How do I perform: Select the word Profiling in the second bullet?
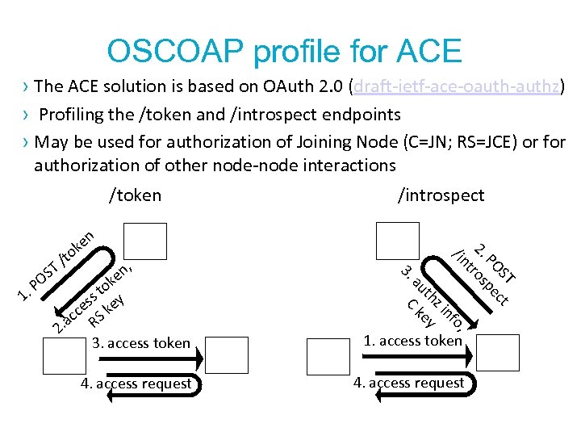pos(75,115)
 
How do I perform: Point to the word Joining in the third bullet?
pos(303,142)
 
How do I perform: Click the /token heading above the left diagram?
pos(135,195)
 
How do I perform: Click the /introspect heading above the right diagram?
pos(441,195)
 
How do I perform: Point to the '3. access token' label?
pos(141,343)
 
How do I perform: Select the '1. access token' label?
pos(412,341)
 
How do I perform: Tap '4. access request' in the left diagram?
pos(136,384)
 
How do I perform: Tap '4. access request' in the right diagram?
pos(408,383)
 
